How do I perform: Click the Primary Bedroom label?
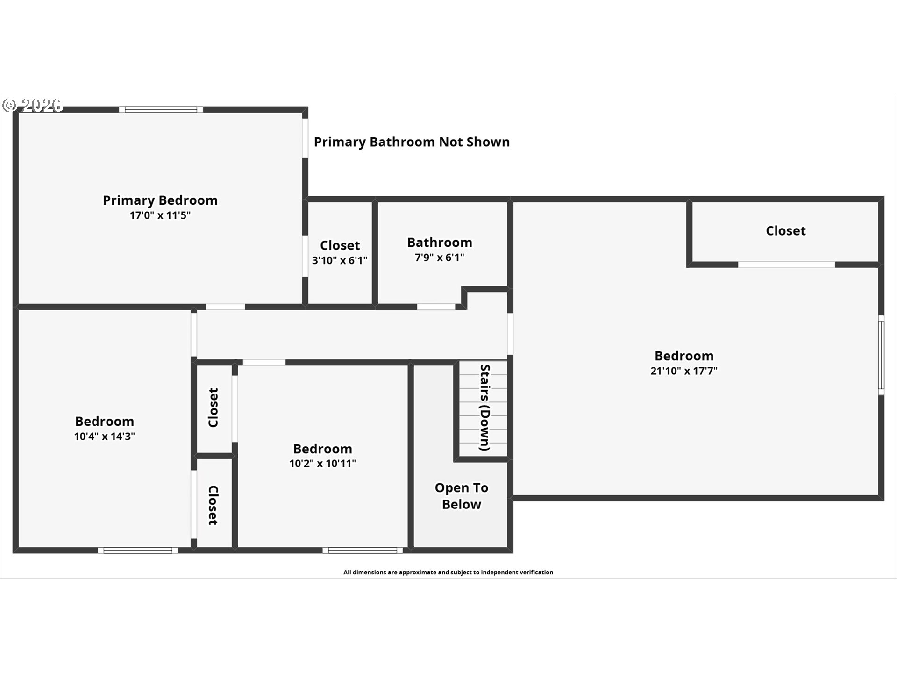coord(160,200)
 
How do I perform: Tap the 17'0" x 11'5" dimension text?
coord(160,215)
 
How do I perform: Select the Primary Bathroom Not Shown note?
coord(412,142)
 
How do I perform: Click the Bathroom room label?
coord(439,243)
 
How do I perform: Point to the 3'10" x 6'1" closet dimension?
coord(340,260)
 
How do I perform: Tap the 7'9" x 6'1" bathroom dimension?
coord(439,258)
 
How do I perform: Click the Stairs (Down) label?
coord(485,408)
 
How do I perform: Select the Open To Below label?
coord(461,496)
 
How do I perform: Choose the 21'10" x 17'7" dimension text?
coord(683,371)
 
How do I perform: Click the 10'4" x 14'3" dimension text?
coord(104,437)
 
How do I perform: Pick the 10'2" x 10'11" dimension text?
coord(322,464)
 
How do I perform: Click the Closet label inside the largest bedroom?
coord(785,231)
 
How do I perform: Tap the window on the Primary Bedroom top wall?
coord(161,110)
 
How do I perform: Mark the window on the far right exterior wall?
coord(881,355)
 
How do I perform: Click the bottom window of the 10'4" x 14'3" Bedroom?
coord(138,551)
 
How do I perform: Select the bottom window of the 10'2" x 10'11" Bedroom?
coord(363,551)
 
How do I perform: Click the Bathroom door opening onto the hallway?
coord(436,307)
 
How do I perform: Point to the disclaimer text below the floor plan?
coord(448,572)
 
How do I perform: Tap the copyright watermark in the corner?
coord(33,105)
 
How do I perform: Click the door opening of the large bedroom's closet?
coord(786,265)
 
